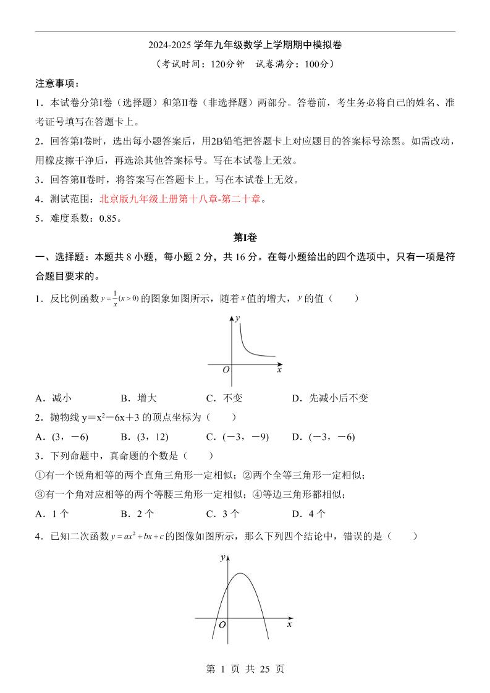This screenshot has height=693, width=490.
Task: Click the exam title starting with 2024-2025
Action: point(245,45)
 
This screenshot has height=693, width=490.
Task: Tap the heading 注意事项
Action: point(57,83)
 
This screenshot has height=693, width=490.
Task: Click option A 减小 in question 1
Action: point(54,398)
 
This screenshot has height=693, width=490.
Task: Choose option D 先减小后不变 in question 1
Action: point(330,398)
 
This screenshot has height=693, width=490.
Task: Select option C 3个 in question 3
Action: point(223,514)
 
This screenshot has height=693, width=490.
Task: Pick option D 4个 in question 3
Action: point(309,514)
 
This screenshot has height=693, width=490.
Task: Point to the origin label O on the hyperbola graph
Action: point(226,369)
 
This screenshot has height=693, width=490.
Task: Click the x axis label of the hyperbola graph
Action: point(279,369)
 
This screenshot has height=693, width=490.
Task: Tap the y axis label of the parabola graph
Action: point(222,558)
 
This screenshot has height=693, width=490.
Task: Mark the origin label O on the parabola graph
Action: point(222,625)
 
